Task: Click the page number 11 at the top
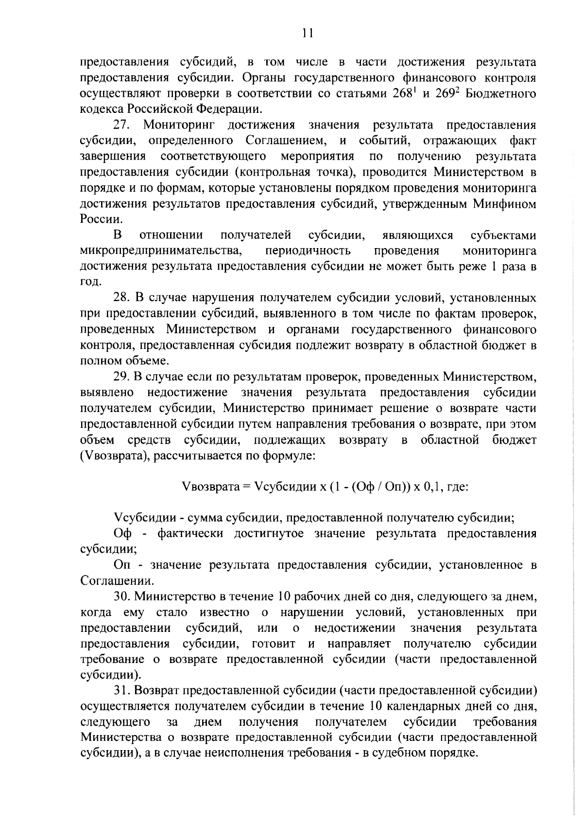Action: tap(307, 33)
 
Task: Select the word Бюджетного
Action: tap(501, 93)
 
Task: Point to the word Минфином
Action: tap(505, 204)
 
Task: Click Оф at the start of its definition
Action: tap(123, 533)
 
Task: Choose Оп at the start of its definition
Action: tap(123, 565)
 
